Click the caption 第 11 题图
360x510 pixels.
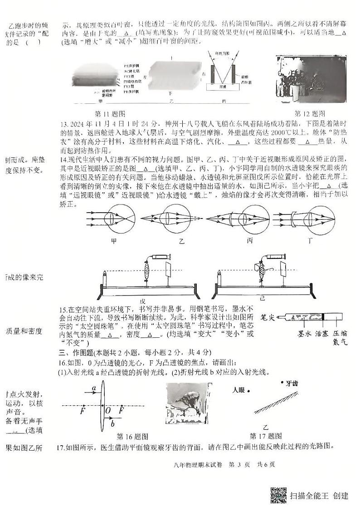pos(110,114)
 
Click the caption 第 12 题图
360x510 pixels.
pos(310,113)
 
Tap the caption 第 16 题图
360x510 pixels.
pos(133,437)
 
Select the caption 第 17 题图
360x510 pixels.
pos(266,436)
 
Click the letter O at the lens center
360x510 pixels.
pos(107,410)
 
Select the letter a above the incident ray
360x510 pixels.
pos(93,388)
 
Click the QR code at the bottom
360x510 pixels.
pos(278,495)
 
